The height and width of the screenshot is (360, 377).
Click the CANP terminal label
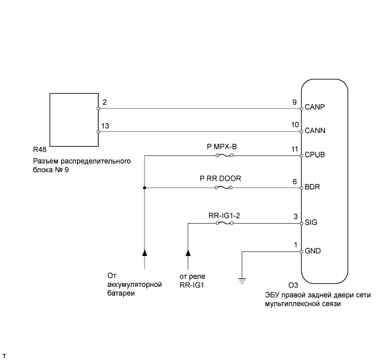coord(315,107)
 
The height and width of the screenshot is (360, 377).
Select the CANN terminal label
coord(315,131)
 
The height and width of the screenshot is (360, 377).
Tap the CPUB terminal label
coord(315,155)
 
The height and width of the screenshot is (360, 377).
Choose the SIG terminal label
coord(312,223)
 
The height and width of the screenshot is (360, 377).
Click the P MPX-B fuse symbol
coord(225,155)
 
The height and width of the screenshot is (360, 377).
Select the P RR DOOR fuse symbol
coord(225,188)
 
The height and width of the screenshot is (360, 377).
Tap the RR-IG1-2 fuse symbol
coord(225,223)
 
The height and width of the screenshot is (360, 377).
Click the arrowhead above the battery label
coord(145,253)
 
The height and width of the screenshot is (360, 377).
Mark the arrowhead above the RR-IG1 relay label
coord(188,253)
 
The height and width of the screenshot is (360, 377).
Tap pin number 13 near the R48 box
coord(105,125)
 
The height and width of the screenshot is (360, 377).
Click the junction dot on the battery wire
coord(145,188)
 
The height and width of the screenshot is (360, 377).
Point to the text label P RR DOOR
coord(225,178)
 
